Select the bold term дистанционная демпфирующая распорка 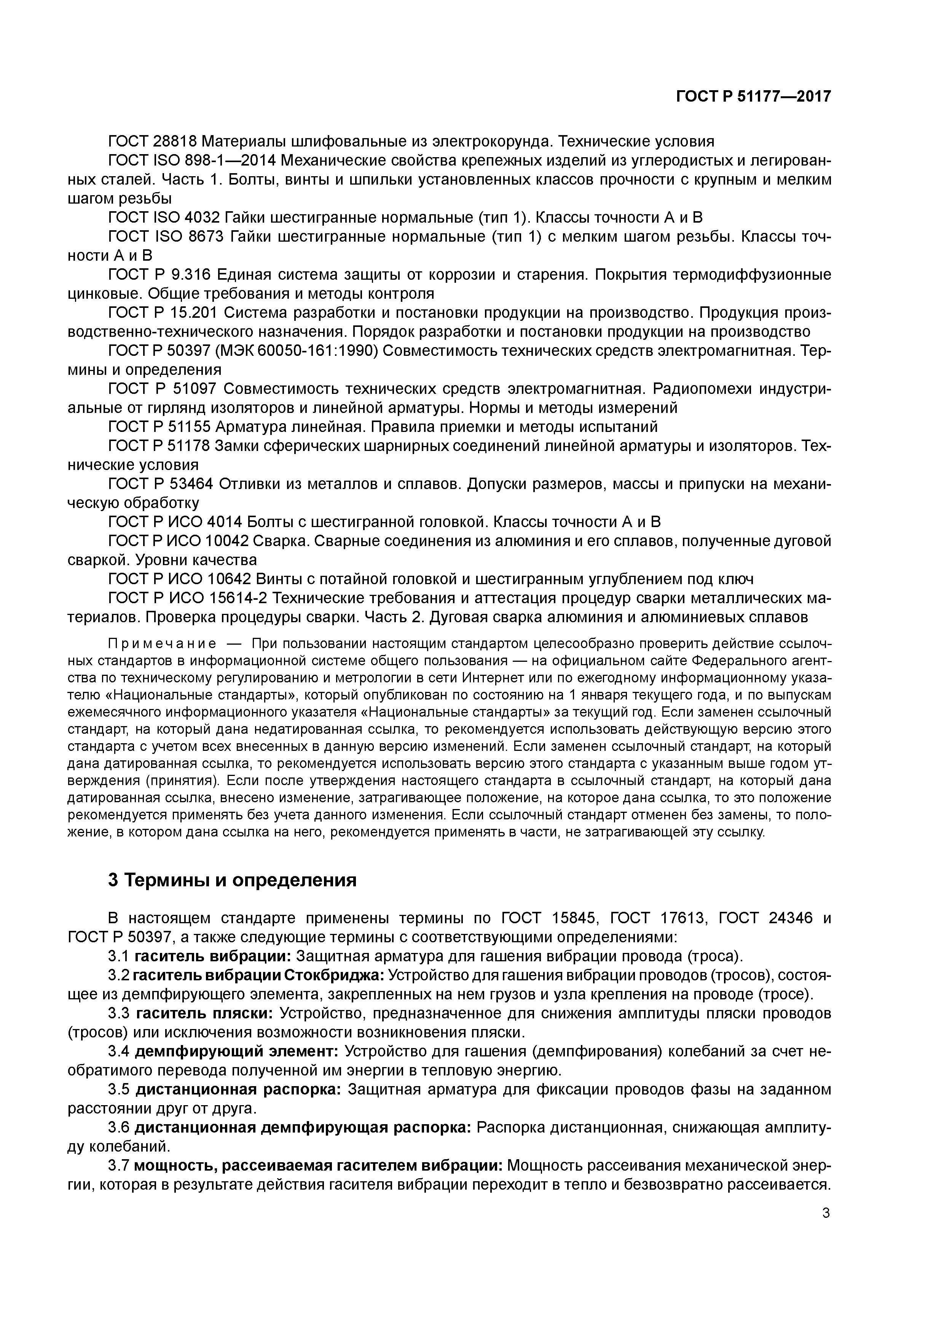click(x=303, y=1128)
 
